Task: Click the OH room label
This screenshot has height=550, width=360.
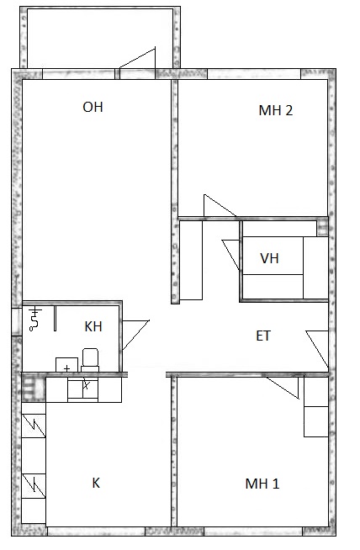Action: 93,107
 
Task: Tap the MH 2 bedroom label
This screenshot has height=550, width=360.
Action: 275,110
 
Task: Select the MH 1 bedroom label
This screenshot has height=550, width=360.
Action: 262,484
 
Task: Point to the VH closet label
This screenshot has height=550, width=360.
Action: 269,258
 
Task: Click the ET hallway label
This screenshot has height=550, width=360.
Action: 263,336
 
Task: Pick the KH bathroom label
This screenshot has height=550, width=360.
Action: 93,326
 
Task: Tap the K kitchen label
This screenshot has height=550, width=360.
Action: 96,483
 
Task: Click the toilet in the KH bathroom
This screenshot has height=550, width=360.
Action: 90,360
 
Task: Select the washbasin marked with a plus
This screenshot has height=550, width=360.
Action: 66,365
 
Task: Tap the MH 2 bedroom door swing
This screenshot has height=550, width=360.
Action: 220,205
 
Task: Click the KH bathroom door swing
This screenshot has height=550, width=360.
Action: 135,335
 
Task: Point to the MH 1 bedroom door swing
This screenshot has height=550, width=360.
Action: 283,387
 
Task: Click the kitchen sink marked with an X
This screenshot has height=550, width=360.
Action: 82,389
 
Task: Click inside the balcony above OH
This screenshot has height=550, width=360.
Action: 100,38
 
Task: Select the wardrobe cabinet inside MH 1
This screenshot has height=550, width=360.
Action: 316,406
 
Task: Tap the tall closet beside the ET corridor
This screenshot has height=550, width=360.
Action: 191,260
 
